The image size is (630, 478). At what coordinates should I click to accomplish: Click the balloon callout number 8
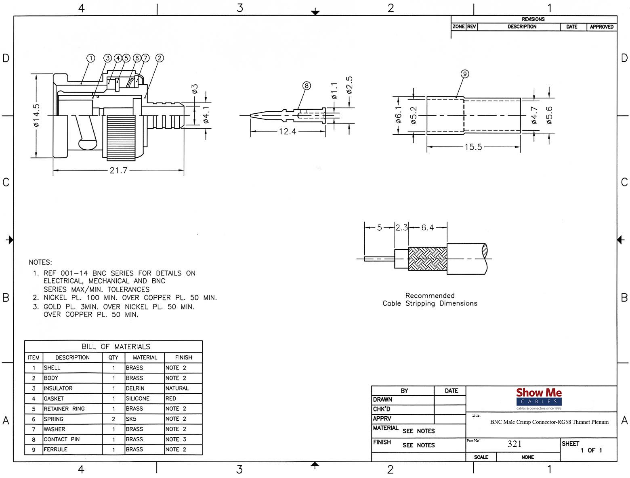306,86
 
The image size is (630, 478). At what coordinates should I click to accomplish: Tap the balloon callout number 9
465,74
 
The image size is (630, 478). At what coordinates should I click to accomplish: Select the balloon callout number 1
91,58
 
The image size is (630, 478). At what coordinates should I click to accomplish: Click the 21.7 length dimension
118,171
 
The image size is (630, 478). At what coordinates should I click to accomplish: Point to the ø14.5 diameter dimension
36,115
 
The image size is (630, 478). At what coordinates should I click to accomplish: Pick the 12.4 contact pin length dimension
287,132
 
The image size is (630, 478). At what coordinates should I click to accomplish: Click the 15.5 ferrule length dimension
473,147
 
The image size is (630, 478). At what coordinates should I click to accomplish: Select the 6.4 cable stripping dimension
427,228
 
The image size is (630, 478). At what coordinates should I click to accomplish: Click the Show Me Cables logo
539,399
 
